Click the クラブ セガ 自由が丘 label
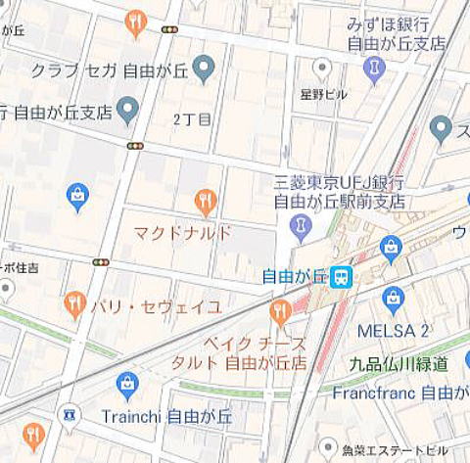point(108,70)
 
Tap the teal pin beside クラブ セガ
point(203,69)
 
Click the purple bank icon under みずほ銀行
point(373,69)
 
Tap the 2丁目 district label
point(192,119)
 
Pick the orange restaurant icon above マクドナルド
point(205,202)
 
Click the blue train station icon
point(341,277)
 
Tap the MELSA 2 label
point(393,330)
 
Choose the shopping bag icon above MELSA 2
point(393,299)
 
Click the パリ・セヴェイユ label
point(156,306)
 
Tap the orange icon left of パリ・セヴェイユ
point(74,304)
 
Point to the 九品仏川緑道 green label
point(399,363)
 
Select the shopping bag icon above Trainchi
point(127,386)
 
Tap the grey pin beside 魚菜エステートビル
point(327,449)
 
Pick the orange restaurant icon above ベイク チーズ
point(280,312)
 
